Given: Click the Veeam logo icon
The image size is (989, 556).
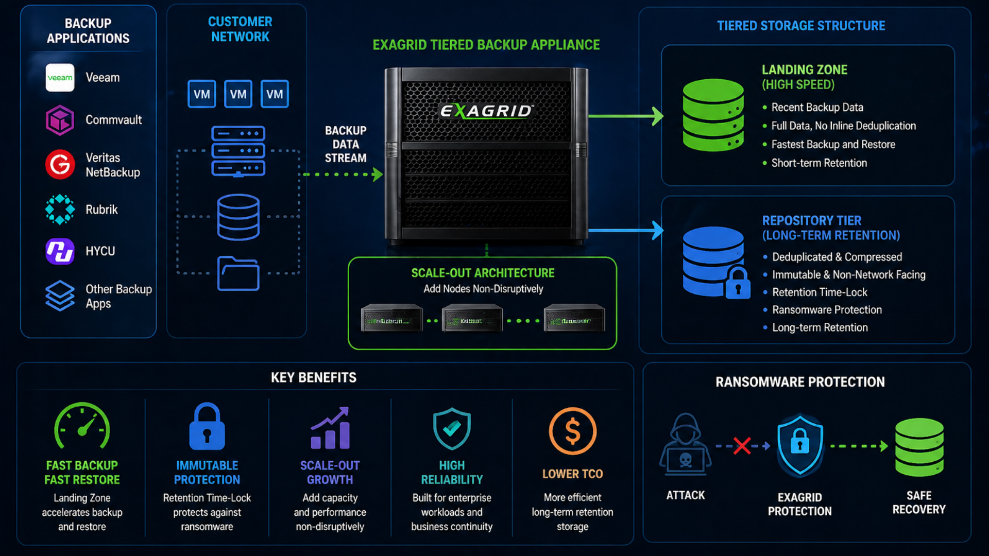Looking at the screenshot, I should coord(60,78).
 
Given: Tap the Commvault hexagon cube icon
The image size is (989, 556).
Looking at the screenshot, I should coord(60,120).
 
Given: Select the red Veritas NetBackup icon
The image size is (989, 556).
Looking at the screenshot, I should coord(60,165).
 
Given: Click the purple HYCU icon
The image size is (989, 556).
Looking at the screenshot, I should coord(60,251).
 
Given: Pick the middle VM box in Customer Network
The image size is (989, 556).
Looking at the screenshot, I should coord(238,94).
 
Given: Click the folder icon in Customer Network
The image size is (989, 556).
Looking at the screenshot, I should coord(238,273).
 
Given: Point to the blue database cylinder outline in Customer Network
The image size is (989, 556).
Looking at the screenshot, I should coord(238,217).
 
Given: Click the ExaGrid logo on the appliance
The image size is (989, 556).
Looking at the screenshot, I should coord(486,111).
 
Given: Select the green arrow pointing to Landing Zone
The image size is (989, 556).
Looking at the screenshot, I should coord(625,116).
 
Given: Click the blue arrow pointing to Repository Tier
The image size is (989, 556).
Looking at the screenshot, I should coord(625,230).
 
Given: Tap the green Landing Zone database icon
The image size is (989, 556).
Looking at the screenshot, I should coord(713,115).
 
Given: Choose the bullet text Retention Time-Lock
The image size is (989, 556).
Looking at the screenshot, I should coord(820,292).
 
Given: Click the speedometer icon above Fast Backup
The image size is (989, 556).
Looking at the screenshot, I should coord(82,427).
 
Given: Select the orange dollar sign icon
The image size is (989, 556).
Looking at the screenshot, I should coord(572,431).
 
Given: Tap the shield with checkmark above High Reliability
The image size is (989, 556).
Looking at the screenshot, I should coord(452,428).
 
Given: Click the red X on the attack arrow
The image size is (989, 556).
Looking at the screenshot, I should coord(742,446).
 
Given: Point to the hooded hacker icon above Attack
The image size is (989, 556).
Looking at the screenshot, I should coord(685,444).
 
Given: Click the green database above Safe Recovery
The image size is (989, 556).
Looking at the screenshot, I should coord(919,447).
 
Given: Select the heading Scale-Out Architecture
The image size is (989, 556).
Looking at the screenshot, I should coord(483,273).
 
